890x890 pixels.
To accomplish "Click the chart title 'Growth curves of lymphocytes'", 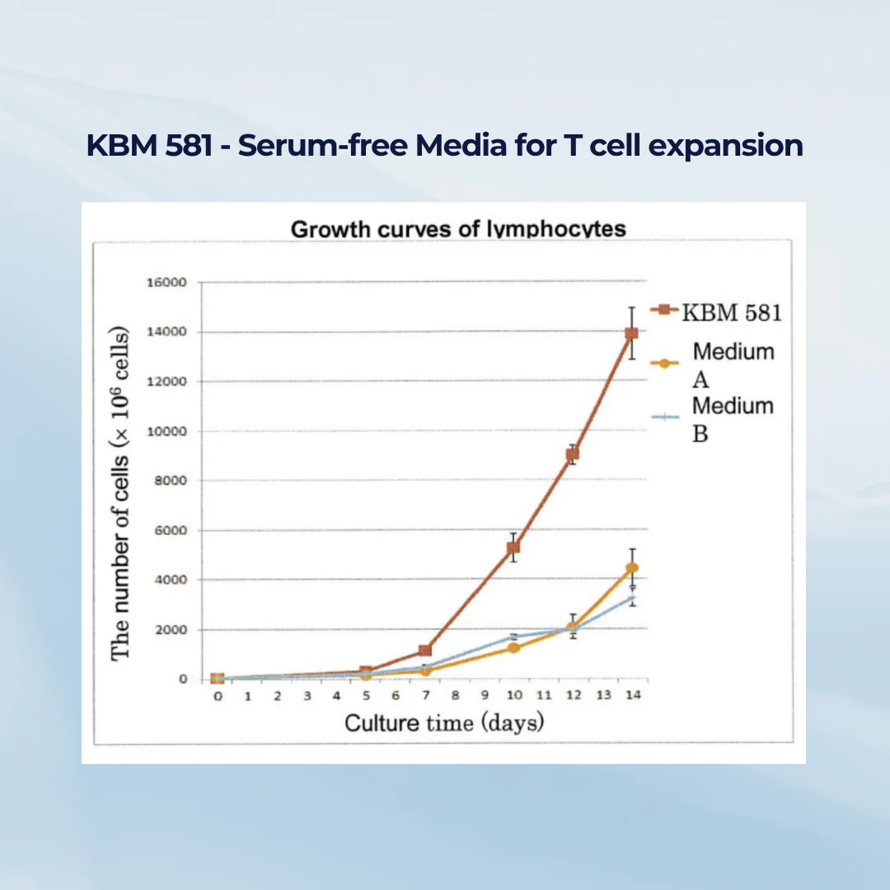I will [x=458, y=228].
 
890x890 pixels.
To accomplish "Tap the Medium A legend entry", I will [x=732, y=363].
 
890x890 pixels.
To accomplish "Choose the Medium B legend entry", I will [x=732, y=418].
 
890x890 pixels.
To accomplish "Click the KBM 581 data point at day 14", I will [x=631, y=333].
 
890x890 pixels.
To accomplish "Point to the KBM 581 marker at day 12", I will [x=572, y=454].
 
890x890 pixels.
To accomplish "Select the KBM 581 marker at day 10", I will [x=513, y=547].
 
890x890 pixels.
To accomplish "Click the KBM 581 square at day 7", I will [x=424, y=651].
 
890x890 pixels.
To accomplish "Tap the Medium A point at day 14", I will [x=631, y=568].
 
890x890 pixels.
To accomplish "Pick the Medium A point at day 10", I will [x=513, y=648].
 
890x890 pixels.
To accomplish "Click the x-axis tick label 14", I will [x=632, y=696].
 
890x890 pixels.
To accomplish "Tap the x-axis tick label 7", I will [x=424, y=696].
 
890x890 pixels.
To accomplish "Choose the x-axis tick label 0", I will [x=218, y=696].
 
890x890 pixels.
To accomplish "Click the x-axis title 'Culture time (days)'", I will [x=444, y=723].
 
